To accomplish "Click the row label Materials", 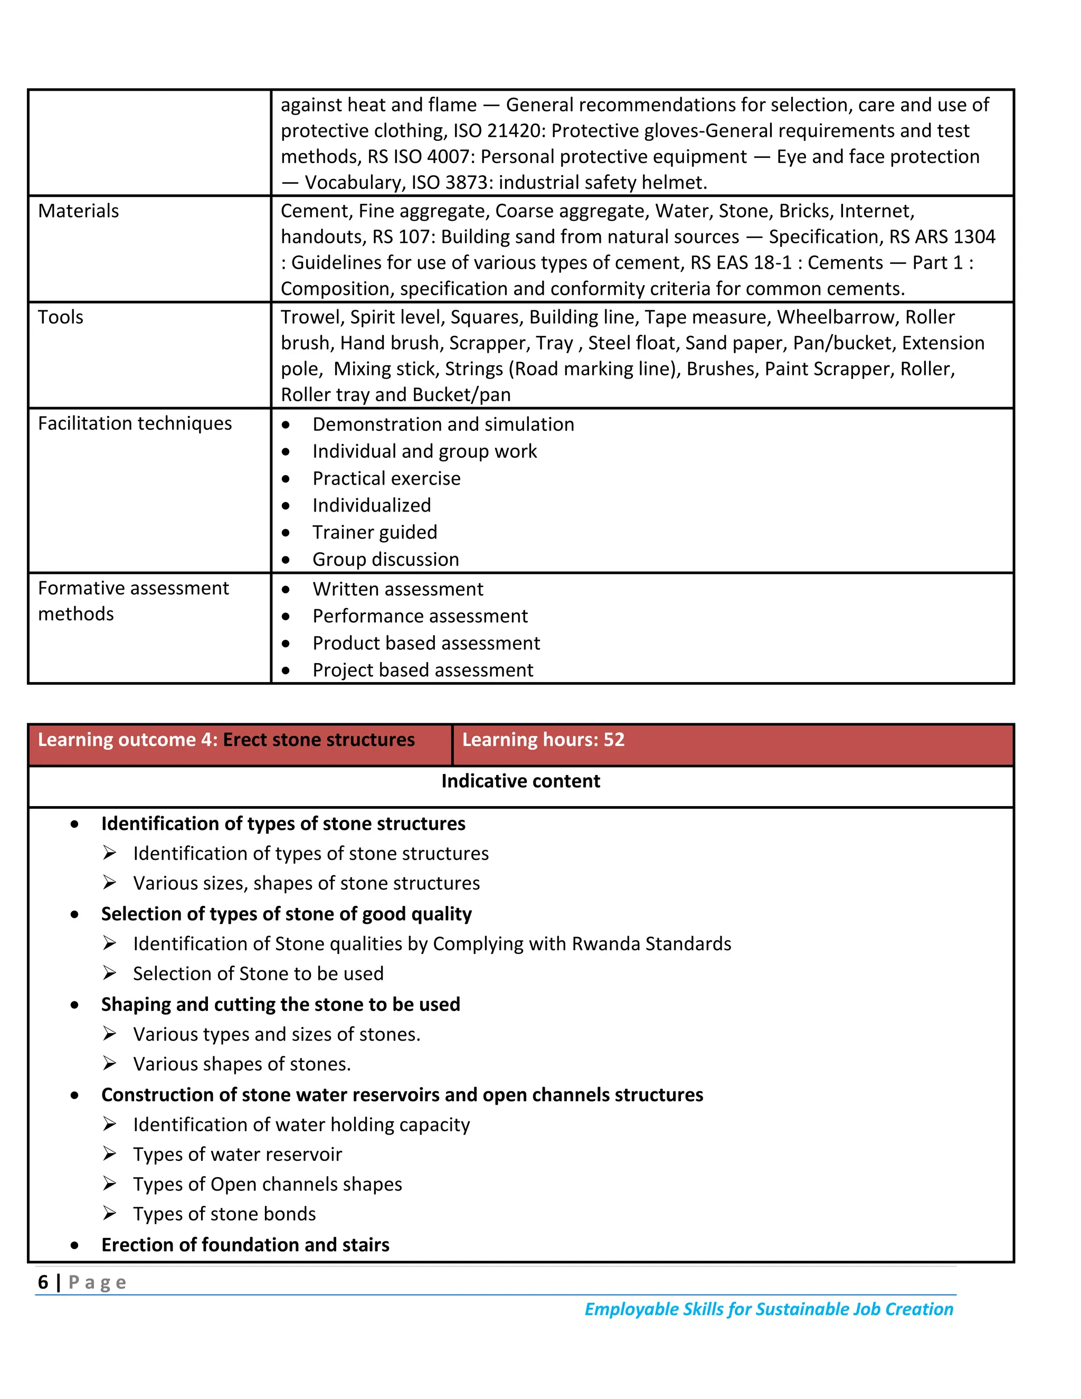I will [78, 211].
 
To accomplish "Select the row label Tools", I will [60, 317].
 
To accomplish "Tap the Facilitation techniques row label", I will [135, 423].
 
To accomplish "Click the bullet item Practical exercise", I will [386, 478].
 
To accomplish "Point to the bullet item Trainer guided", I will [375, 532].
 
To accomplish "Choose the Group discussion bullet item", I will [385, 559].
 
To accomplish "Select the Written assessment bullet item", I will [397, 589].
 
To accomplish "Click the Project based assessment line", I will [423, 670].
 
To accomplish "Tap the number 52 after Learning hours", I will [613, 740].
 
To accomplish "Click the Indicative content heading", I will [520, 781].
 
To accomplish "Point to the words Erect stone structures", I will [319, 740].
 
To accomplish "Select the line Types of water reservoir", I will [238, 1154].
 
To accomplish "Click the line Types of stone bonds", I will [224, 1214].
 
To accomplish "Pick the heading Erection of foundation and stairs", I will [245, 1245].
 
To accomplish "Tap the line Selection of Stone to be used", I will [258, 973].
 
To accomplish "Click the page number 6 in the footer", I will [43, 1282].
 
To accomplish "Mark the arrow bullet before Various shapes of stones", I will [109, 1064].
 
